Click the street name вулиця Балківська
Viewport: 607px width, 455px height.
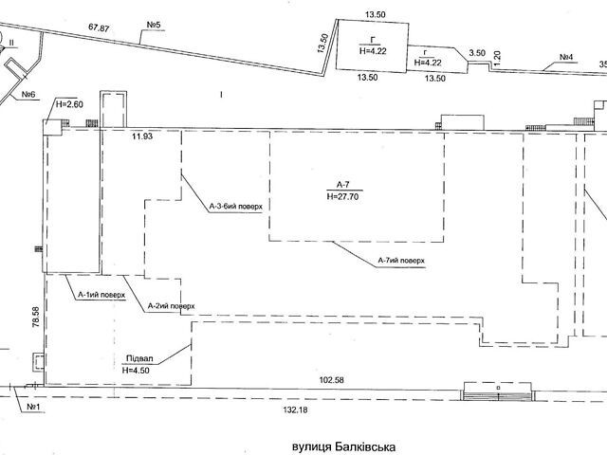[x=343, y=447]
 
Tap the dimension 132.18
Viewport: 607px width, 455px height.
[x=295, y=409]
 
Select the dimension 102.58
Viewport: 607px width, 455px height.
[x=331, y=380]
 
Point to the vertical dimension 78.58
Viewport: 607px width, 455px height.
[x=36, y=318]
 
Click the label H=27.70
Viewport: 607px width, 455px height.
[x=342, y=196]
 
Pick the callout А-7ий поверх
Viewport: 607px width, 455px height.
[x=401, y=261]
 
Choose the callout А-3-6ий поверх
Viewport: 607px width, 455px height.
[x=236, y=207]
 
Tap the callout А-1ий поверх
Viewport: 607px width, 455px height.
[x=101, y=295]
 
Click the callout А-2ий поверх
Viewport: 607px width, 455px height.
[x=171, y=306]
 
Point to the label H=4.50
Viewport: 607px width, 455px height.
[x=136, y=371]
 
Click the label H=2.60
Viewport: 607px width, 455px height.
[x=69, y=104]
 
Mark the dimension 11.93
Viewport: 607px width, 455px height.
[x=142, y=136]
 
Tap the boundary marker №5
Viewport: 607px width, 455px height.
[x=154, y=26]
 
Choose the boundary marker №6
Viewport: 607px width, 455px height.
[x=28, y=94]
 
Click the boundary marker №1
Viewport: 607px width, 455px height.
[x=34, y=407]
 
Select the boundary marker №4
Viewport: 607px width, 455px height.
[x=567, y=57]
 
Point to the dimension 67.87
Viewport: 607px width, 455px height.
[x=99, y=27]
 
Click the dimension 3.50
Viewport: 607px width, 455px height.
[x=477, y=53]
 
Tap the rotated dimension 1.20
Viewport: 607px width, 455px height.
[x=498, y=57]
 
